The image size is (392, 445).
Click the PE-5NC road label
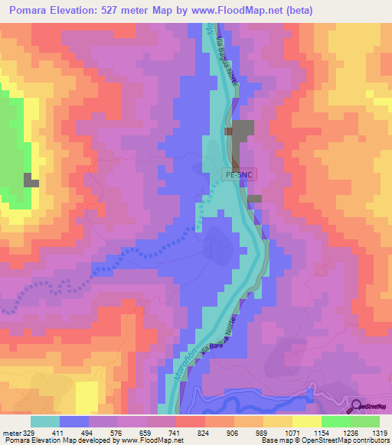238,174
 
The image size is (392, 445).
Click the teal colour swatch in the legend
45,421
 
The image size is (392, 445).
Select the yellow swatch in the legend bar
307,421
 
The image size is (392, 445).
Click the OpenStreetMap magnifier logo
357,406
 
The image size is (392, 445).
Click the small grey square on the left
31,180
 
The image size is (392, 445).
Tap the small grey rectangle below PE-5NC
253,199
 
